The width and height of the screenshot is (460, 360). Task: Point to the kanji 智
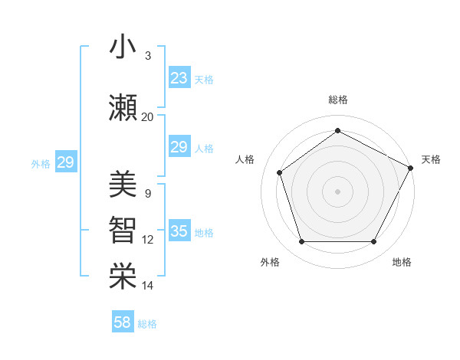[x=123, y=231]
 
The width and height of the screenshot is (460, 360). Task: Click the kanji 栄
[x=123, y=277]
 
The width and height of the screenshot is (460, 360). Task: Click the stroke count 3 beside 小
[x=147, y=57]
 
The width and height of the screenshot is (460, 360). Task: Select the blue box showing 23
[x=179, y=78]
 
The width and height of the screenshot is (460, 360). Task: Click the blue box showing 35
[x=179, y=231]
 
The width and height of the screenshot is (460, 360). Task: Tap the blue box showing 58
[x=123, y=322]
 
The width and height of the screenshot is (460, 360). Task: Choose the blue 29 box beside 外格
[x=65, y=162]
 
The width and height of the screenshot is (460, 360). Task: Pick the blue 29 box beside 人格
[x=179, y=147]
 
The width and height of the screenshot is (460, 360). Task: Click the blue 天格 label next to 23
[x=204, y=80]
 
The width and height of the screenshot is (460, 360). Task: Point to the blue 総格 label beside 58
[x=147, y=324]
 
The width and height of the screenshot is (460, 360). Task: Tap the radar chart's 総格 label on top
[x=337, y=100]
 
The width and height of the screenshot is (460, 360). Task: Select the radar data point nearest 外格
[x=301, y=242]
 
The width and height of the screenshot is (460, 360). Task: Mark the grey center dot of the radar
[x=337, y=191]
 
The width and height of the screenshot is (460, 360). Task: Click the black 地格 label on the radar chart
[x=402, y=263]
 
